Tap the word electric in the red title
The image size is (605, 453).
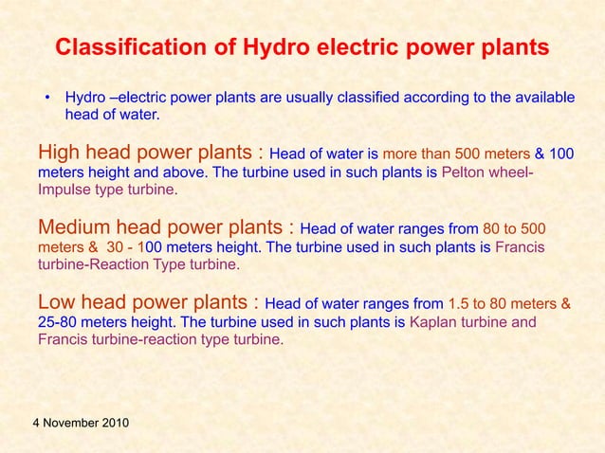tap(317, 47)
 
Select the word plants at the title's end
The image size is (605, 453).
tap(514, 47)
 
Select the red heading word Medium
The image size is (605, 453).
tap(74, 228)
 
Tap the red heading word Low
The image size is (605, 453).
tap(56, 303)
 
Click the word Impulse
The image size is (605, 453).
tap(64, 190)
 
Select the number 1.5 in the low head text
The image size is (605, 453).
tap(458, 305)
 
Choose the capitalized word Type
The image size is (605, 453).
tap(173, 265)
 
